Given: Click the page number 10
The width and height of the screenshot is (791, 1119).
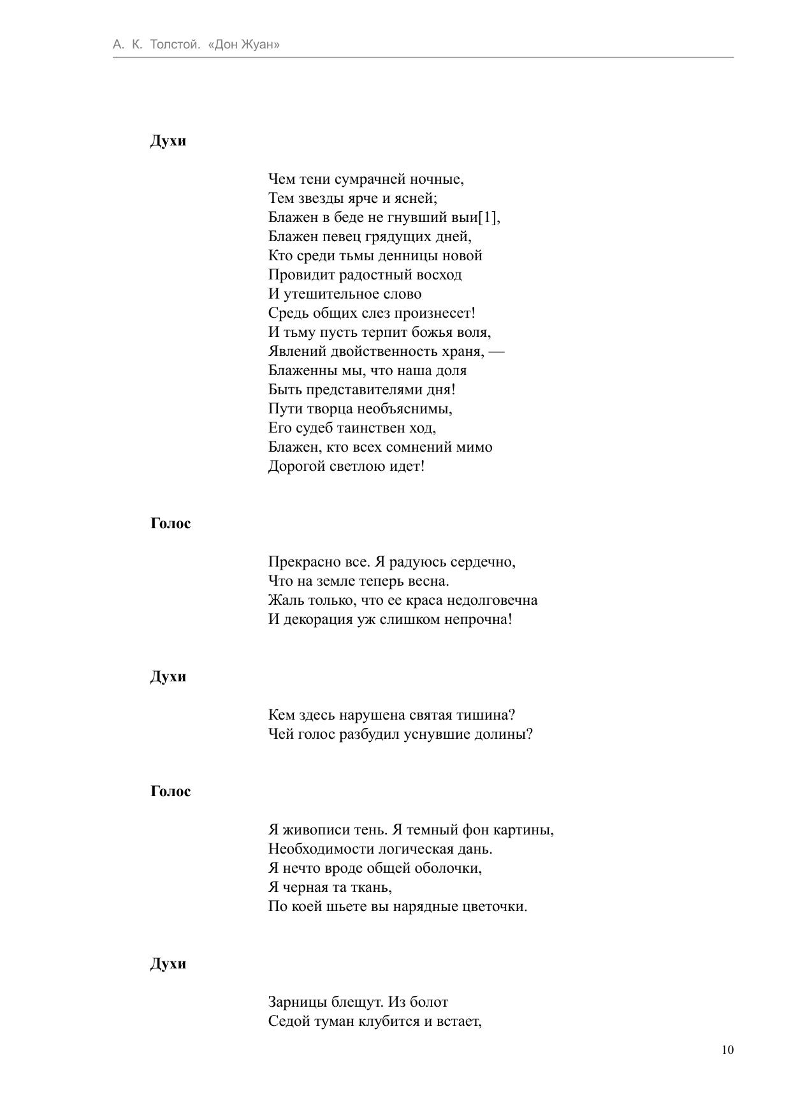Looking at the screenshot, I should (727, 1050).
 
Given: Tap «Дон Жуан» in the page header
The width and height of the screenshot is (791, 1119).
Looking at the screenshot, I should (244, 45).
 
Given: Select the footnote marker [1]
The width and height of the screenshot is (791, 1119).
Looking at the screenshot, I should (488, 218).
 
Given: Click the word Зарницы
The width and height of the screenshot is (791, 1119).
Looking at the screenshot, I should (298, 1002).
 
